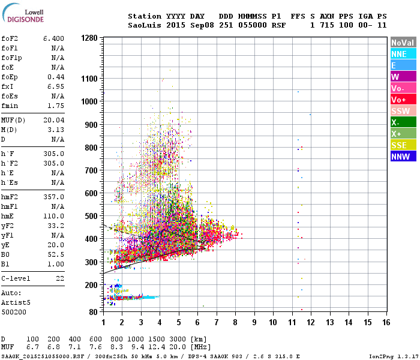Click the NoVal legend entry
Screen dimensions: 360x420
click(x=403, y=43)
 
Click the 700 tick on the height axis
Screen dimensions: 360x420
click(x=90, y=170)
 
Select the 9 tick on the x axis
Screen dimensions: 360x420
click(x=254, y=323)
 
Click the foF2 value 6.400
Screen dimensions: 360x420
click(x=53, y=38)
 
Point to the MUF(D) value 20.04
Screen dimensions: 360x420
click(x=53, y=120)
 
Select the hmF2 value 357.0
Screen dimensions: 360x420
click(x=53, y=197)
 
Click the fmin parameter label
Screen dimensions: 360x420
click(x=11, y=106)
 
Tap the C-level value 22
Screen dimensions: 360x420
click(x=60, y=278)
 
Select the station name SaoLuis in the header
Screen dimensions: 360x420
click(x=143, y=26)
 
